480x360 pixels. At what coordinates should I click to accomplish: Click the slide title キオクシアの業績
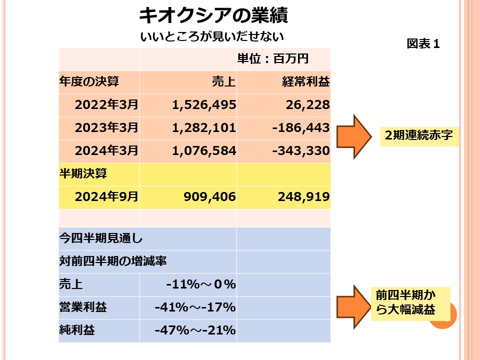(213, 16)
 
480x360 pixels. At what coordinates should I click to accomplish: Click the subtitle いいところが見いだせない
(212, 36)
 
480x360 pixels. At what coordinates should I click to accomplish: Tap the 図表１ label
(423, 44)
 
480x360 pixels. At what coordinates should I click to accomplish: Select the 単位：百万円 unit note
(272, 59)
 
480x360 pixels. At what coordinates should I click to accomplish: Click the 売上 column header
(224, 82)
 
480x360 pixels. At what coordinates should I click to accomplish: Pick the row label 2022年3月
(106, 105)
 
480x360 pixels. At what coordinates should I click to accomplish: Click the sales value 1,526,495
(203, 105)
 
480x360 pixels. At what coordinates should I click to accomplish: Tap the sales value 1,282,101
(203, 128)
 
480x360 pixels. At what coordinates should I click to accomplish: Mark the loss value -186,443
(301, 128)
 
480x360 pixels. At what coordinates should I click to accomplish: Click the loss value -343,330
(301, 150)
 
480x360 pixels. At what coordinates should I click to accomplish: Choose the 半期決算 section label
(83, 173)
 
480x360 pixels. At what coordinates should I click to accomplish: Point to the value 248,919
(303, 197)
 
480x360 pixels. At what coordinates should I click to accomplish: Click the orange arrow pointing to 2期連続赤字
(352, 136)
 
